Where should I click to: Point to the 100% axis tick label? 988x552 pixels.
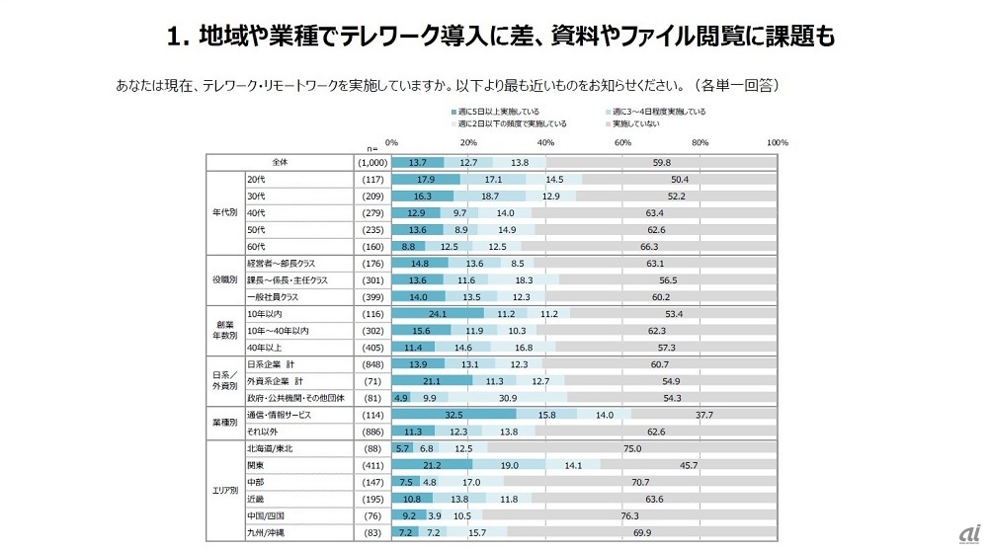(777, 143)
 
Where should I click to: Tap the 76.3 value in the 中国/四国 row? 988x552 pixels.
(630, 514)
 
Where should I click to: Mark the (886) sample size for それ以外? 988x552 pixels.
(368, 432)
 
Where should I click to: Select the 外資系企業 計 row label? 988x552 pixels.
(275, 380)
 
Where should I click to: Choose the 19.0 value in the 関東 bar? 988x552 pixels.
(510, 463)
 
